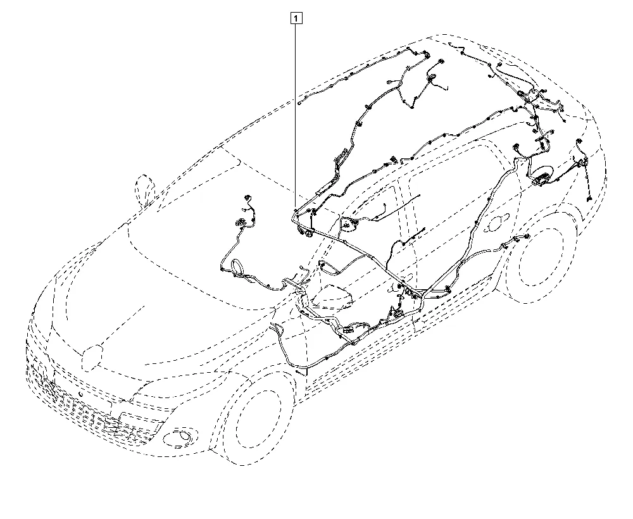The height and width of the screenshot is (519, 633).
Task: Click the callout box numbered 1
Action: tap(296, 18)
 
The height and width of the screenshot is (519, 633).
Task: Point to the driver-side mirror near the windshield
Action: tap(144, 190)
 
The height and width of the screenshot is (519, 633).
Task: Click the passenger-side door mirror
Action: tap(331, 297)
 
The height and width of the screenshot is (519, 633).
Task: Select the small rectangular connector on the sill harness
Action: tap(348, 330)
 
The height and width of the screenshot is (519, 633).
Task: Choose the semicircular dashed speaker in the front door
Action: tap(349, 225)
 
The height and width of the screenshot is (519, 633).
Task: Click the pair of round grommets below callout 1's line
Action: tap(305, 232)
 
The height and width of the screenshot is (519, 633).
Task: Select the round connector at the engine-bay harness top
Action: tap(247, 197)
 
